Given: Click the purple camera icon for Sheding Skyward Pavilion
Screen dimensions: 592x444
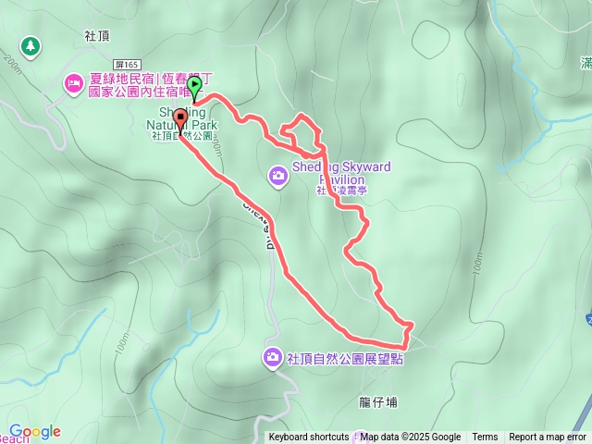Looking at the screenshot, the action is point(278,174).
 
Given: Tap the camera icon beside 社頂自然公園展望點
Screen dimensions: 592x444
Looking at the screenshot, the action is point(273,357).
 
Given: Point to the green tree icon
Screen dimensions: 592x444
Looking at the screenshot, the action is point(31,44).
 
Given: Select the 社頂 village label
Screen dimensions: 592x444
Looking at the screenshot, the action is point(96,35).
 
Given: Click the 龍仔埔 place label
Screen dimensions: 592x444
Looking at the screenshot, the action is point(377,402).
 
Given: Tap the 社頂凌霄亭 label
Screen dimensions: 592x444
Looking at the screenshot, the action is point(343,190).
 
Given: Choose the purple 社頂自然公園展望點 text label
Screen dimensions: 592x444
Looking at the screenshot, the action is point(345,358).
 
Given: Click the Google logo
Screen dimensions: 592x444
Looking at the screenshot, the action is point(34,431).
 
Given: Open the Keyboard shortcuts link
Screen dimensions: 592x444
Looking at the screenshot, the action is point(308,438).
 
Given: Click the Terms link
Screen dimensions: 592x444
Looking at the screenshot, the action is point(485,438).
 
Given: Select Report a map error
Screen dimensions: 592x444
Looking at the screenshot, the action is point(549,438).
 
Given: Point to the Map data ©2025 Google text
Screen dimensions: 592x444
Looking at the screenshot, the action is point(411,438).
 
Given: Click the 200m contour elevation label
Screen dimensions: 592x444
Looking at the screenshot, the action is point(12,64).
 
